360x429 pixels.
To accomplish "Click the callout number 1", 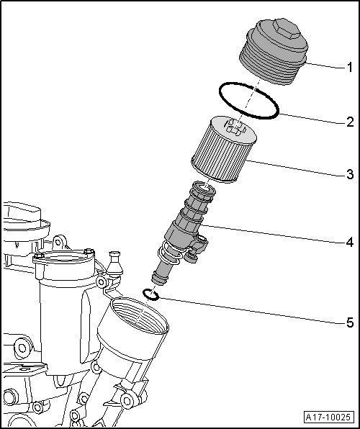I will pos(348,68).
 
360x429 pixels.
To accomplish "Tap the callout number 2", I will pos(348,121).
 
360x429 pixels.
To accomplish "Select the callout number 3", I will pos(348,174).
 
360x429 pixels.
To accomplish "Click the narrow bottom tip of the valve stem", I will pos(157,276).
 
